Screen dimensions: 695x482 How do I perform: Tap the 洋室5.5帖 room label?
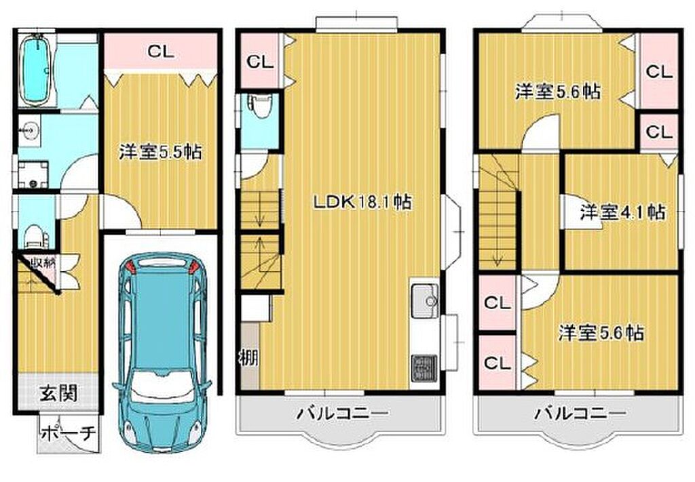pos(159,153)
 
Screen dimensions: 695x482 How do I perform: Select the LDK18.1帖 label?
pos(362,202)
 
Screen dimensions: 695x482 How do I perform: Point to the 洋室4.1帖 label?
pos(622,212)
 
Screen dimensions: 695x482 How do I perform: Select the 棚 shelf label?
pos(249,357)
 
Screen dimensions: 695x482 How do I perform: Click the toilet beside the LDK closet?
pos(259,107)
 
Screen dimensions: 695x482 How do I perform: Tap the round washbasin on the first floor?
pos(29,131)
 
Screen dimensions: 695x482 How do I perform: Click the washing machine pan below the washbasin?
pos(33,174)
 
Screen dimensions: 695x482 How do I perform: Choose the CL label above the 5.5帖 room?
pos(160,52)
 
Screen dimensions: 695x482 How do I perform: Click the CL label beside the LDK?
pos(260,62)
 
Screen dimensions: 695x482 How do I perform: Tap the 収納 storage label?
pos(43,262)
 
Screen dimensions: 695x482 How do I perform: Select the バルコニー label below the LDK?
pos(342,414)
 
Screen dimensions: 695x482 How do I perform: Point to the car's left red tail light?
pos(130,267)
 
